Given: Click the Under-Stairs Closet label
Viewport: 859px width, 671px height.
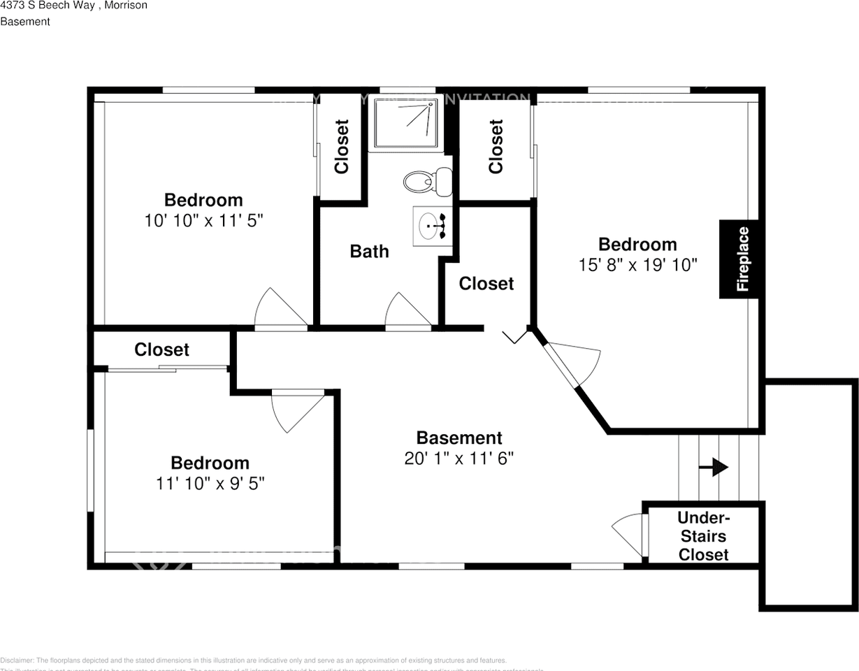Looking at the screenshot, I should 704,536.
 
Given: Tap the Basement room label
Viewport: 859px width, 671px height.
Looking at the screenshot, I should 459,438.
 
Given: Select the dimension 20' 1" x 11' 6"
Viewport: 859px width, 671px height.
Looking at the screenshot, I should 459,459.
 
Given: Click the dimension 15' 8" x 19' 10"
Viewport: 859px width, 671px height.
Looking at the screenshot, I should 637,265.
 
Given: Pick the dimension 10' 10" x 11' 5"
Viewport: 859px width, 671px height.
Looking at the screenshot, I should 203,221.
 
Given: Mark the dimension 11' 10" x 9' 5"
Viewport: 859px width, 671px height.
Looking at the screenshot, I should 210,483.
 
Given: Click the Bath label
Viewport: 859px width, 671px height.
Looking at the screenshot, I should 369,252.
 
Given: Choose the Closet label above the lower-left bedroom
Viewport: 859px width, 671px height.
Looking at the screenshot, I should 161,349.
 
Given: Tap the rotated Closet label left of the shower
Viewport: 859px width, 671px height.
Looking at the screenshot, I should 342,147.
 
